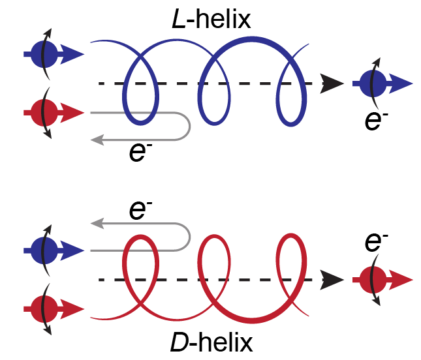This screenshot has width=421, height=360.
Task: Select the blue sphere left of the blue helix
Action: coord(43,54)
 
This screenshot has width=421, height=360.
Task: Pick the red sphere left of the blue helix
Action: coord(43,113)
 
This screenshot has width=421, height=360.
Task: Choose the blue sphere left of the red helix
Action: coord(43,250)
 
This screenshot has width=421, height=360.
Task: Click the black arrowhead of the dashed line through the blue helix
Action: coord(333,83)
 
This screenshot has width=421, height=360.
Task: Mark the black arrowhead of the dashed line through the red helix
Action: coord(333,280)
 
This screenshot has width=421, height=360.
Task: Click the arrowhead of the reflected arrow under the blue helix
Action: coord(97,138)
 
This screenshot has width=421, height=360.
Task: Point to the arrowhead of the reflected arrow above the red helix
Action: coord(97,224)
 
